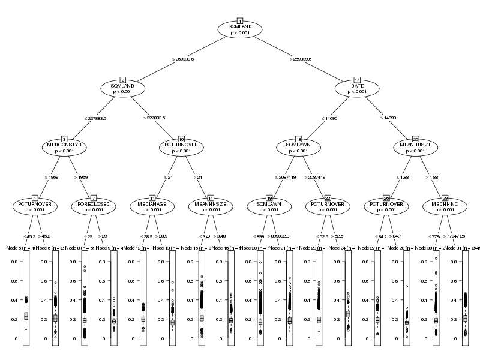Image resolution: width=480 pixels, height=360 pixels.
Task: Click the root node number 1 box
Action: click(240, 21)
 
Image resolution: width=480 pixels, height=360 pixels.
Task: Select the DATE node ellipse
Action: click(357, 89)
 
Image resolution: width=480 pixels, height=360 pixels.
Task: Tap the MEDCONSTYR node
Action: click(64, 148)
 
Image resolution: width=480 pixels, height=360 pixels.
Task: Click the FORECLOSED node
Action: click(94, 206)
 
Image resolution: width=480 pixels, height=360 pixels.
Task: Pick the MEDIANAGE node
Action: click(152, 206)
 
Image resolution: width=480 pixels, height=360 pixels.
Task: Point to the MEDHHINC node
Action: click(445, 206)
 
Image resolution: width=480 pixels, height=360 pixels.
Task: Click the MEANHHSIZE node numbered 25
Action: click(416, 148)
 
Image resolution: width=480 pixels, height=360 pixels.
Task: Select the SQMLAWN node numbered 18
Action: click(298, 148)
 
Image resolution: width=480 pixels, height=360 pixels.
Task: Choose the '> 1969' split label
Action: click(80, 178)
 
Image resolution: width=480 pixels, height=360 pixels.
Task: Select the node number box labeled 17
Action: click(357, 80)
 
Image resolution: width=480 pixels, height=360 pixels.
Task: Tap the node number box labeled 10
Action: click(181, 139)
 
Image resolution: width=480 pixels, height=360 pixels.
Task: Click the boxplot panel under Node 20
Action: click(260, 297)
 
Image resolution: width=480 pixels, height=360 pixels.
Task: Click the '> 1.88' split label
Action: click(432, 178)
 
